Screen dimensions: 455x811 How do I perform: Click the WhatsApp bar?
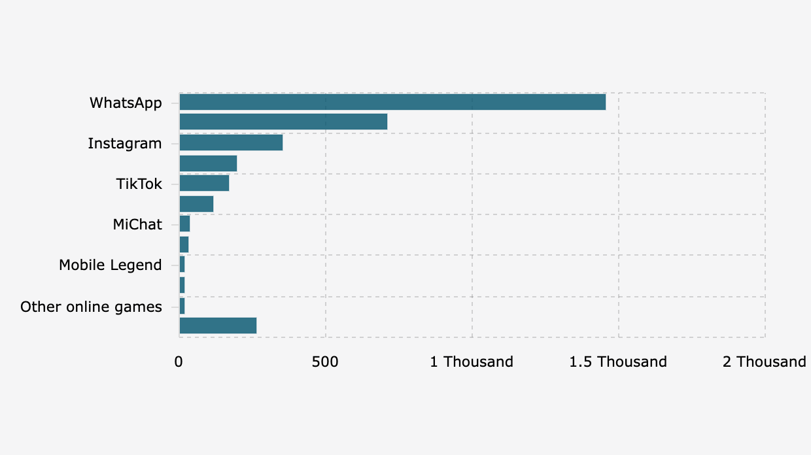click(x=392, y=102)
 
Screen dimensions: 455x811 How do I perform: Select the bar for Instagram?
click(x=231, y=143)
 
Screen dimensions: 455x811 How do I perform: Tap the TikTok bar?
click(x=204, y=183)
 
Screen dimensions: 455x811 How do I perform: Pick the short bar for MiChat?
click(x=184, y=224)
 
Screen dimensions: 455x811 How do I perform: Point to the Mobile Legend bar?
click(x=182, y=265)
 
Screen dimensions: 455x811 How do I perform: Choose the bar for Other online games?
click(x=182, y=305)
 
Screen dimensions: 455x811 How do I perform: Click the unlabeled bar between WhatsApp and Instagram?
click(x=283, y=122)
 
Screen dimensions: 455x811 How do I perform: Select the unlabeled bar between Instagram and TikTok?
click(x=208, y=163)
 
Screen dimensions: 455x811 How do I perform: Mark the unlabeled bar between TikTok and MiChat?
click(x=196, y=204)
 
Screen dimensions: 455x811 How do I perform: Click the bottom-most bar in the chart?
click(x=218, y=326)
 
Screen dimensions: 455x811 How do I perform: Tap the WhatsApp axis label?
click(x=126, y=103)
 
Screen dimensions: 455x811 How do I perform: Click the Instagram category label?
click(x=124, y=143)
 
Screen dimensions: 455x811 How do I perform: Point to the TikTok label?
click(x=139, y=184)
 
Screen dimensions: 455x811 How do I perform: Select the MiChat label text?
click(x=137, y=224)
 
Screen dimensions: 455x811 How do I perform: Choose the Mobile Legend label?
click(x=110, y=265)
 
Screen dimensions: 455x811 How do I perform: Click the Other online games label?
click(x=91, y=307)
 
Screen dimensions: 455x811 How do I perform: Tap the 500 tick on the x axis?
click(x=325, y=362)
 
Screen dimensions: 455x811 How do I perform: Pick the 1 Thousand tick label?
click(x=472, y=362)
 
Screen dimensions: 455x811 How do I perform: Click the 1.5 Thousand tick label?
click(x=618, y=362)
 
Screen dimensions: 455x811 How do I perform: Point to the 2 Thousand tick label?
click(x=764, y=362)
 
